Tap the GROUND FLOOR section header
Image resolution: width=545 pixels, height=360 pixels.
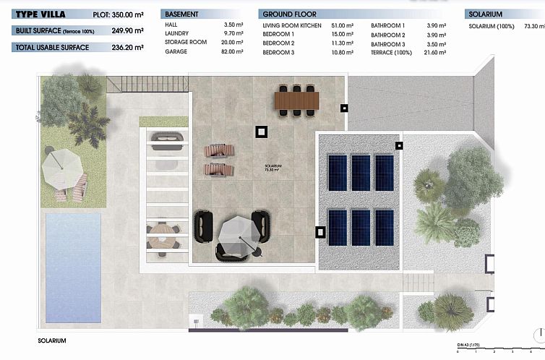point(289,14)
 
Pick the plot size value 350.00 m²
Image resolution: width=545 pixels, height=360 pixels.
point(128,14)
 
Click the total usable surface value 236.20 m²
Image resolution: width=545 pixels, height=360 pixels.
point(128,47)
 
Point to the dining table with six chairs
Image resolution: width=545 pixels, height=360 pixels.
point(296,98)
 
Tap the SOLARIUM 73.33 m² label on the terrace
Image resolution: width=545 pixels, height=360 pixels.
point(273,168)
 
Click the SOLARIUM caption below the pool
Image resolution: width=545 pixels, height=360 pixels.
point(52,340)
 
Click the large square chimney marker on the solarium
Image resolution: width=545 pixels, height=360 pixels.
point(260,132)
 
